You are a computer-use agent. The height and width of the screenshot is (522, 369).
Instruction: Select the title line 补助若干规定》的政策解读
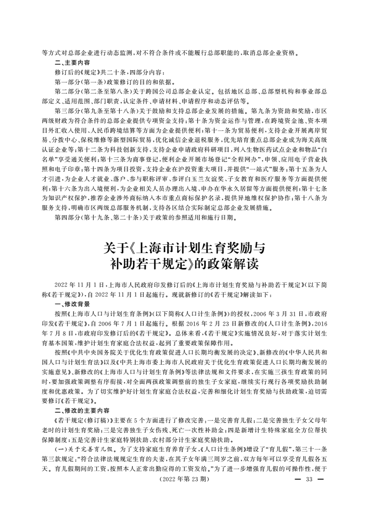tap(185, 266)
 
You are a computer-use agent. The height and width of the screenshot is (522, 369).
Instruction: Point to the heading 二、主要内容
tap(73, 62)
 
